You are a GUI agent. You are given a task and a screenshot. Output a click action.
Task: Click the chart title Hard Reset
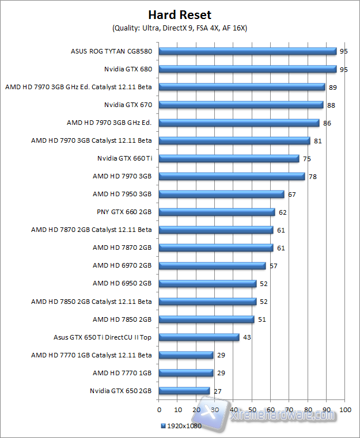(x=180, y=14)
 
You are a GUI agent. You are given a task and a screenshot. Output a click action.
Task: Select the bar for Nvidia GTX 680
(x=247, y=69)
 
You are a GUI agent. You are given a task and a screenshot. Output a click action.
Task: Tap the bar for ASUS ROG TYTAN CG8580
(x=247, y=51)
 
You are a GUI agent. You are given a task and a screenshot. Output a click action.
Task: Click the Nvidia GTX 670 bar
(x=241, y=105)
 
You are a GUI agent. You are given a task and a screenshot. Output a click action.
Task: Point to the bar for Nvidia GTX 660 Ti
(x=229, y=158)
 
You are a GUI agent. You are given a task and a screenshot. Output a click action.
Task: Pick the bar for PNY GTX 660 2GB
(x=217, y=212)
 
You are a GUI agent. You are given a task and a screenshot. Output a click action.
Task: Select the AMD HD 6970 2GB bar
(x=212, y=265)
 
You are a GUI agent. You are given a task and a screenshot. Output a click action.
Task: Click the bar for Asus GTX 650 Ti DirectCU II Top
(x=199, y=337)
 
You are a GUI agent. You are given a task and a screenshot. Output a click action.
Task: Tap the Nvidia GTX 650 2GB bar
(x=184, y=391)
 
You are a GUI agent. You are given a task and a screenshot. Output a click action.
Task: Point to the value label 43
(x=247, y=337)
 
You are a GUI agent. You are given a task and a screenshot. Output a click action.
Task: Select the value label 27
(x=217, y=391)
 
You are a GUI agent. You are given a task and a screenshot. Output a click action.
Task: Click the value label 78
(x=313, y=177)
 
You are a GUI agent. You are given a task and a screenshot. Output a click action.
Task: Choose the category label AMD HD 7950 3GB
(x=122, y=194)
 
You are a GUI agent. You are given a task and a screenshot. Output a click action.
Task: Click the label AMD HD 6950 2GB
(x=122, y=283)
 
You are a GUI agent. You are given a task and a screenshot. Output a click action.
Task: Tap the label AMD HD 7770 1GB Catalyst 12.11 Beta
(x=92, y=355)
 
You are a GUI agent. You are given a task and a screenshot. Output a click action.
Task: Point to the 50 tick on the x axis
(x=252, y=410)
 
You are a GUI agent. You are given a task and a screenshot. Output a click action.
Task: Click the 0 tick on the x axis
(x=159, y=410)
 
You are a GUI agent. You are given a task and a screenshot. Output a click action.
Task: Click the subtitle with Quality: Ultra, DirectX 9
(x=180, y=28)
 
